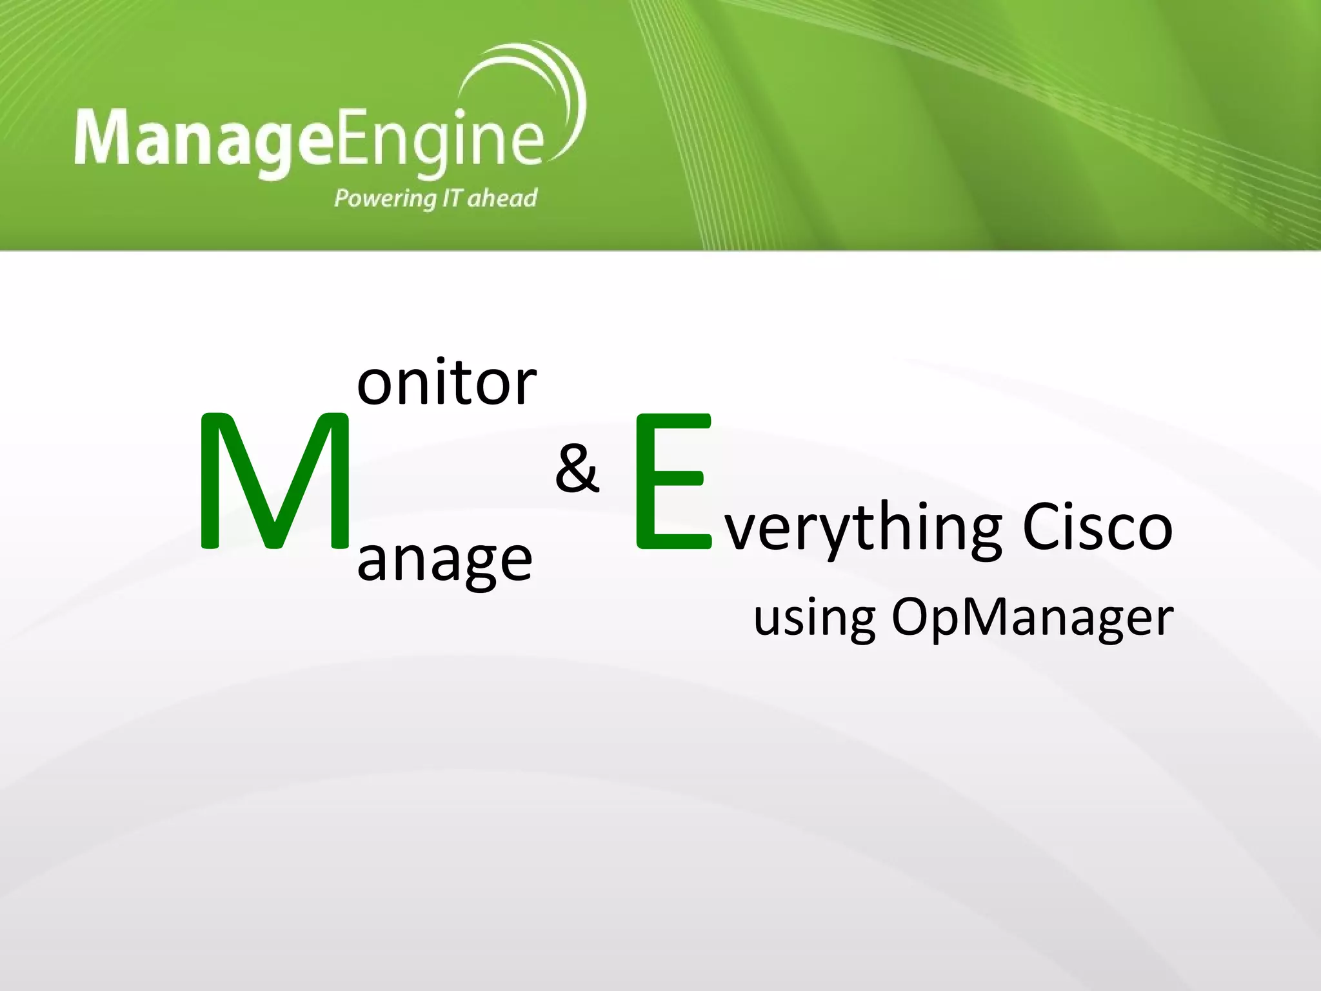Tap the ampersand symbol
577,468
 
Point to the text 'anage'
444,560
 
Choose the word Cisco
1097,528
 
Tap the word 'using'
814,618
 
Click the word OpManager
1032,618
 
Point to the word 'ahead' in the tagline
502,197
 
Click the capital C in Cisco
1040,528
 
